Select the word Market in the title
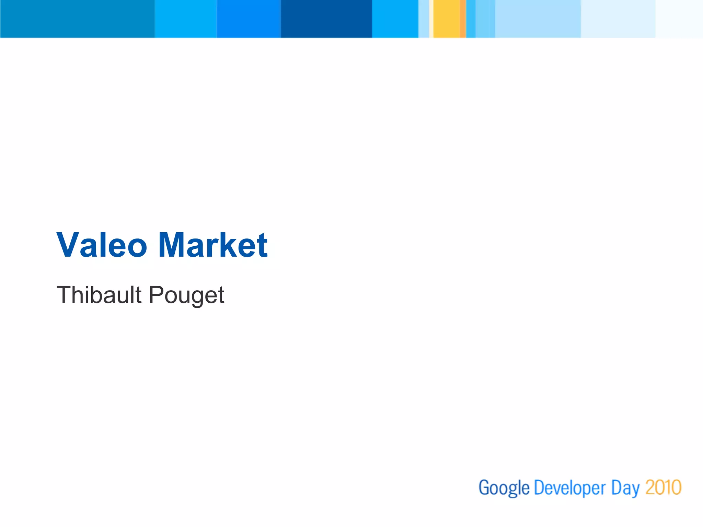pos(213,245)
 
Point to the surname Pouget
pos(187,295)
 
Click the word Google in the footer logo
pos(504,488)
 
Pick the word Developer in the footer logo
pos(570,488)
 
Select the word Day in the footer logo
pos(625,488)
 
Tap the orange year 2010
pos(663,487)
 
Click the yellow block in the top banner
pos(446,19)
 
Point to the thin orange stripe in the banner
pos(463,19)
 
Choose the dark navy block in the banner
pos(326,19)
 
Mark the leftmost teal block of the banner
pos(77,19)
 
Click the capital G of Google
pos(484,487)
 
